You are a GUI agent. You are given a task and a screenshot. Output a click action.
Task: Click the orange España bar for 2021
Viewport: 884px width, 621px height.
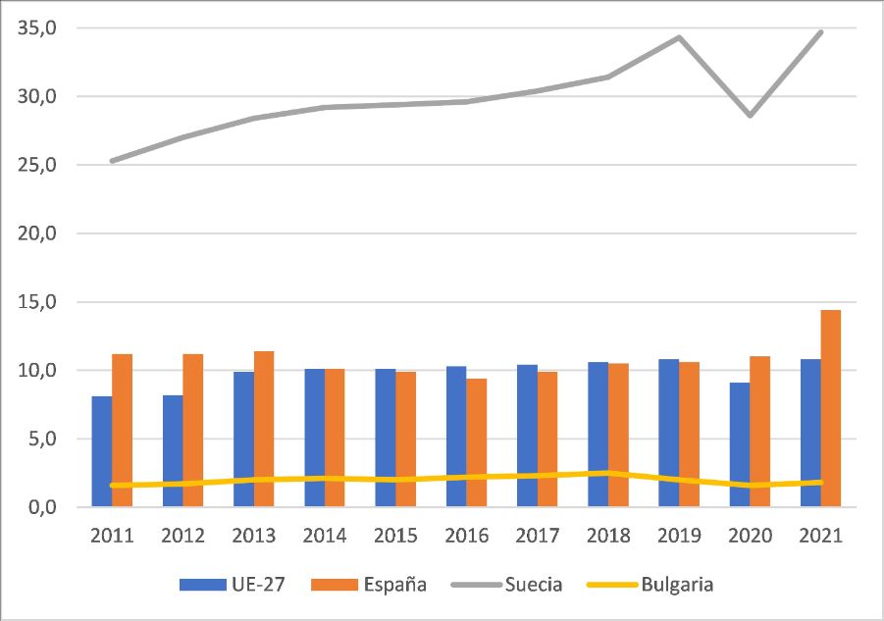pyautogui.click(x=831, y=409)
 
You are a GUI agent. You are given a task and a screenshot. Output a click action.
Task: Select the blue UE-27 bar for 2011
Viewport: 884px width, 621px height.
pyautogui.click(x=102, y=451)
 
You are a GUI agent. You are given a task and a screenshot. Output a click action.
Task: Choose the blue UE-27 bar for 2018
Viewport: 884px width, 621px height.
pyautogui.click(x=598, y=435)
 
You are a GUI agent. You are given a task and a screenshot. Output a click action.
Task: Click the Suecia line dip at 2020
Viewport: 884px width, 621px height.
pyautogui.click(x=750, y=116)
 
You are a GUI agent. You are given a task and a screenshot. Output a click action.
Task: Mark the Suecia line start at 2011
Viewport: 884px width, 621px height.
pyautogui.click(x=113, y=161)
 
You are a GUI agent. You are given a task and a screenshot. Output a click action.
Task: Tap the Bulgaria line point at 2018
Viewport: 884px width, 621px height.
pyautogui.click(x=608, y=473)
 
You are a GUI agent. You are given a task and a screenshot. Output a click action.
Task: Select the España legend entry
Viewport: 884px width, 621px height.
pyautogui.click(x=369, y=585)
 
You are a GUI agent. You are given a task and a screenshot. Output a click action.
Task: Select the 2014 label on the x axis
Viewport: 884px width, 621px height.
pyautogui.click(x=325, y=537)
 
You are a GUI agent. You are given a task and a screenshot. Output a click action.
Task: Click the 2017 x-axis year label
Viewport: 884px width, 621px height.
pyautogui.click(x=537, y=537)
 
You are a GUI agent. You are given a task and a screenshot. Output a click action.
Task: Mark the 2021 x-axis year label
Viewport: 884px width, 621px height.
pyautogui.click(x=821, y=537)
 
